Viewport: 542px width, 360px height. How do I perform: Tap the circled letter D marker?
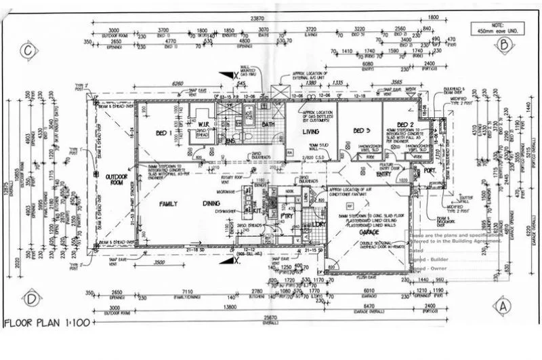point(30,298)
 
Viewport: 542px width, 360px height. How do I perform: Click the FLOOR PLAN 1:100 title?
point(47,323)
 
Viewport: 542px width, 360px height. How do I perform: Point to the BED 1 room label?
point(164,132)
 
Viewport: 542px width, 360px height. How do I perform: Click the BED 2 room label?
point(405,125)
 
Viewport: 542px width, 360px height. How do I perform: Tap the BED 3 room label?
point(362,130)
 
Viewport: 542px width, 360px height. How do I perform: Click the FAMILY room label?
point(168,203)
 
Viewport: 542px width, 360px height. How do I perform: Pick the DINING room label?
point(211,203)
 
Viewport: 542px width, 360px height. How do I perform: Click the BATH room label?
point(268,125)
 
